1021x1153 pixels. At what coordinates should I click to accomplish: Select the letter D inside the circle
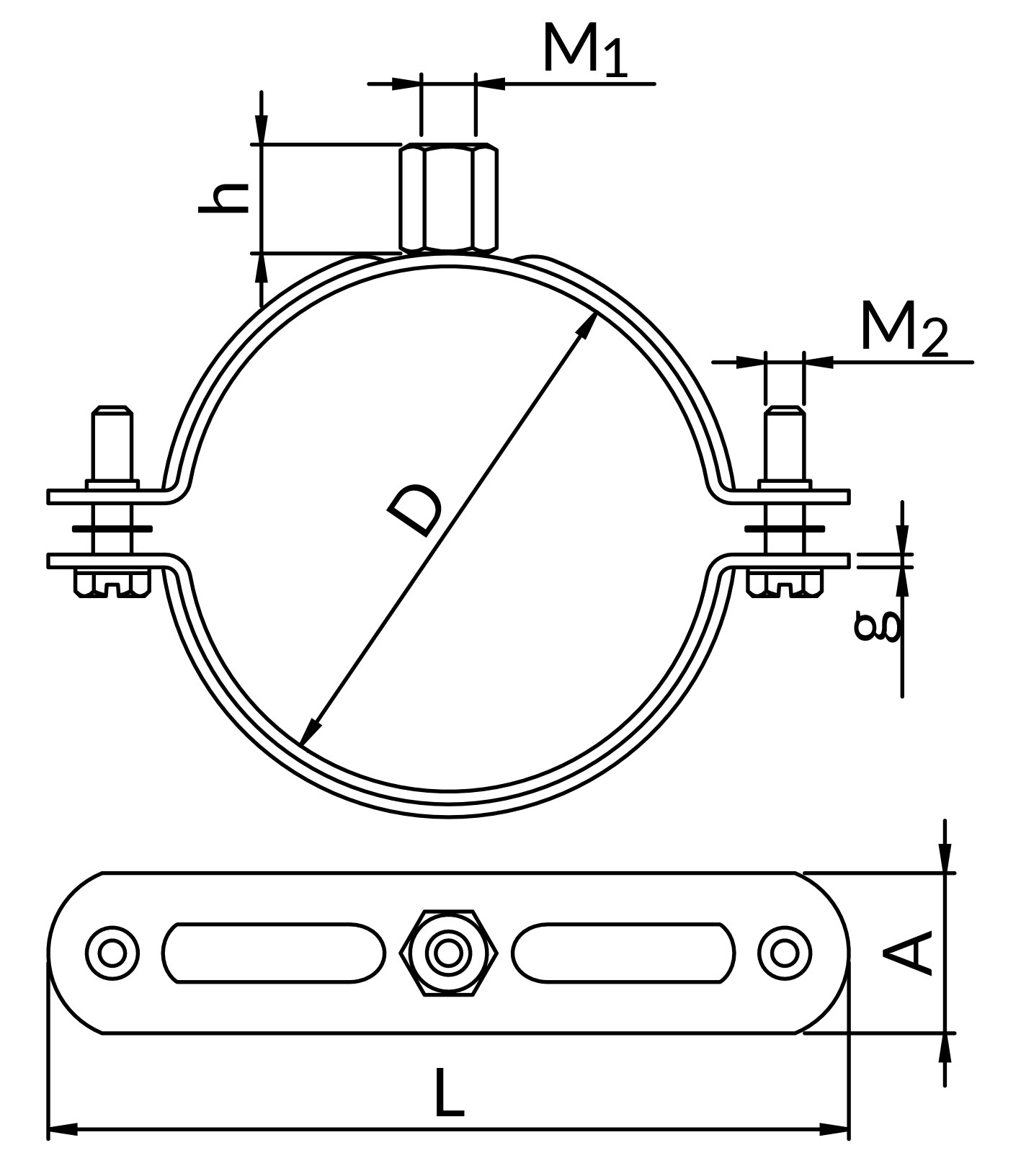coord(414,511)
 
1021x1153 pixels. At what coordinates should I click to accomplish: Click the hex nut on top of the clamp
coord(448,198)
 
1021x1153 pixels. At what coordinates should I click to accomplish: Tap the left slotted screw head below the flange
coord(112,583)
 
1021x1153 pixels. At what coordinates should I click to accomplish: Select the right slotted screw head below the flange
coord(785,583)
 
